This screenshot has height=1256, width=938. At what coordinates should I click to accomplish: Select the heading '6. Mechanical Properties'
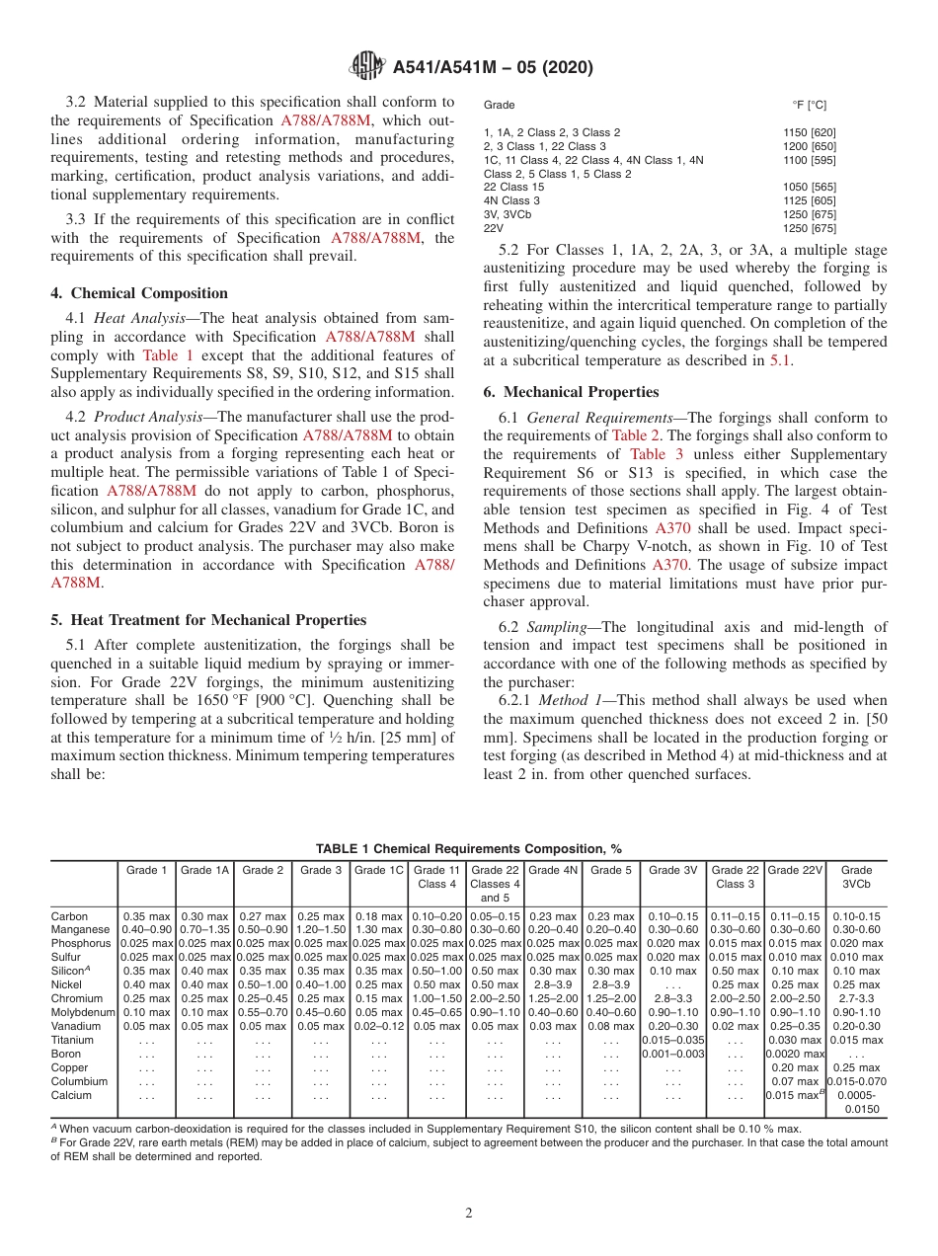(571, 392)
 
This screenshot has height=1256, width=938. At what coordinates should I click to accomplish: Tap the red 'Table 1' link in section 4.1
(169, 354)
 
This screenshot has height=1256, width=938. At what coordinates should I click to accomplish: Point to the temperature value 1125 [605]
(810, 200)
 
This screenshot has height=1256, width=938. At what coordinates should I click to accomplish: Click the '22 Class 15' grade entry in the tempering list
(513, 187)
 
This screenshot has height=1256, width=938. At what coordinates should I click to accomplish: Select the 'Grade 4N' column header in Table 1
(552, 870)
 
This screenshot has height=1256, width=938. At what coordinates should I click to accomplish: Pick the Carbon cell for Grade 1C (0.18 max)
(379, 916)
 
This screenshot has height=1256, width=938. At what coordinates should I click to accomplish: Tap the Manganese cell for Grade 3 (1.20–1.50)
(321, 930)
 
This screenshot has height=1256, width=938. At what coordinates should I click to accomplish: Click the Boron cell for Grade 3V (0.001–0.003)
(672, 1054)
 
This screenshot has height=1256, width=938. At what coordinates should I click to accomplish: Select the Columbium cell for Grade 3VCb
(856, 1081)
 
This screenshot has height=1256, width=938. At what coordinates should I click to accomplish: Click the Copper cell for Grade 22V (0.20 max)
(796, 1067)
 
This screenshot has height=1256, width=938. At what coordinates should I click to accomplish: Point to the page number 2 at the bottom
(469, 1214)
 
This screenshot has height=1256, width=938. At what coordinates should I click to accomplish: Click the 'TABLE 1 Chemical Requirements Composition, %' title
(469, 849)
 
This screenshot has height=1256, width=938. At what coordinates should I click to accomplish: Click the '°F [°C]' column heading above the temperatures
(809, 105)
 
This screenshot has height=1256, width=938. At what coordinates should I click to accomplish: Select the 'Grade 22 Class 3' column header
(736, 877)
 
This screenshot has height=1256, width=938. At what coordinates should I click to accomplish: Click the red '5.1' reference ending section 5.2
(780, 360)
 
